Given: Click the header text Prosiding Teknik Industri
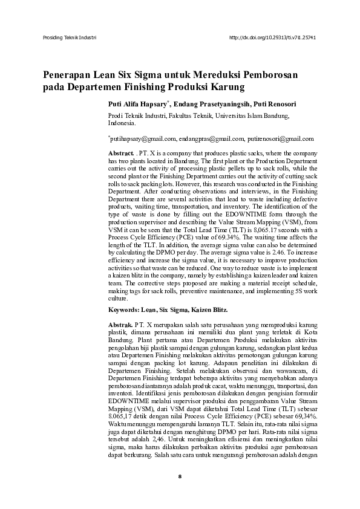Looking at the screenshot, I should pyautogui.click(x=68, y=37).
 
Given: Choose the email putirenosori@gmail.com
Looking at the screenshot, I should pyautogui.click(x=280, y=138).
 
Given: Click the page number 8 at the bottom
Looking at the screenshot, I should pyautogui.click(x=180, y=493).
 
